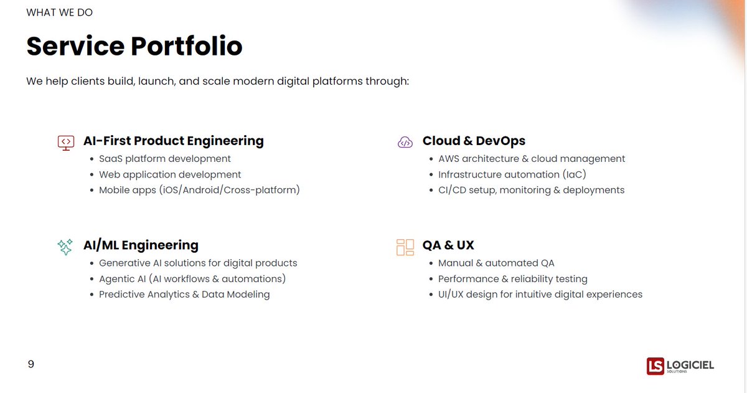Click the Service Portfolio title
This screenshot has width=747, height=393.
tap(134, 47)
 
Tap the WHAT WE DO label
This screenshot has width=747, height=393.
tap(60, 12)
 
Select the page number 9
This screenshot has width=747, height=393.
tap(31, 364)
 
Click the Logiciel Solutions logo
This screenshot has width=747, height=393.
tap(680, 366)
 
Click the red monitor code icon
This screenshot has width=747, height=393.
tap(66, 143)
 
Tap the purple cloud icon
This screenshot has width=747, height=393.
tap(405, 143)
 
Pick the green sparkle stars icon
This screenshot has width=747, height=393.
tap(65, 247)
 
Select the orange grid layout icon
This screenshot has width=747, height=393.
tap(405, 247)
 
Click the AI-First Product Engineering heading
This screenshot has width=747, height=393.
tap(173, 141)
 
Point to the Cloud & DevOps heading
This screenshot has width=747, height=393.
tap(474, 141)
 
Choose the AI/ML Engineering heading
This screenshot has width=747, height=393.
tap(141, 245)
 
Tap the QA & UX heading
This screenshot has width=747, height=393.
tap(448, 245)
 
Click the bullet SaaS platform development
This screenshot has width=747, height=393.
tap(165, 159)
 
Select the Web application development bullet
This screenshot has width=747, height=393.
tap(170, 174)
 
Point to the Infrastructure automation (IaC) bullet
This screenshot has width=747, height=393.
tap(512, 174)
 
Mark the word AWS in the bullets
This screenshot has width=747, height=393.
tap(449, 159)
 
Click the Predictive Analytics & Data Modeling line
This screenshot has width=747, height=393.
tap(184, 294)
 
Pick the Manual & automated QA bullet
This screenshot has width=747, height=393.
tap(496, 263)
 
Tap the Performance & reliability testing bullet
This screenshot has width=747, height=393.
tap(512, 278)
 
